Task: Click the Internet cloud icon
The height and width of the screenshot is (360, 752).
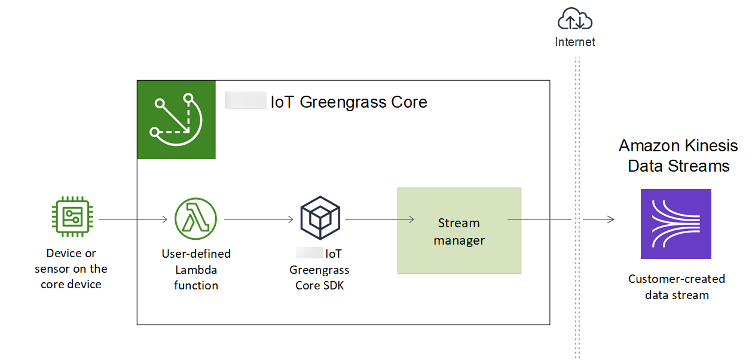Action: (x=574, y=21)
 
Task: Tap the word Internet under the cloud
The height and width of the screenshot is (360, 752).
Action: (x=575, y=42)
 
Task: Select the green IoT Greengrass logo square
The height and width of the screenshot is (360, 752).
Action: (x=176, y=120)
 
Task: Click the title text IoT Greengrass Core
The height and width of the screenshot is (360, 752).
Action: (x=349, y=102)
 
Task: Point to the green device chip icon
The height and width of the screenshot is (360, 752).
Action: (x=71, y=219)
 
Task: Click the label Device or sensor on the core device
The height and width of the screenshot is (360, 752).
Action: (x=71, y=269)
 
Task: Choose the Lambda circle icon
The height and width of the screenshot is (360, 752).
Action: (x=196, y=219)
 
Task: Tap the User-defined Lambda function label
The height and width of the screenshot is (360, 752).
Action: (x=196, y=269)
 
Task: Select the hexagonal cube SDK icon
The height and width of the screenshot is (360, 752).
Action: (x=320, y=219)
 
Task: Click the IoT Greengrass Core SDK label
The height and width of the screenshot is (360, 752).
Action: (x=320, y=269)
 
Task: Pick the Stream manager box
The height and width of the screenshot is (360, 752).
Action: (x=459, y=231)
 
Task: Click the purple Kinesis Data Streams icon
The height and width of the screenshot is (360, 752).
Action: (x=675, y=224)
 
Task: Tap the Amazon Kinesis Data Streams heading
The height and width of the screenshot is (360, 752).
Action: (x=678, y=155)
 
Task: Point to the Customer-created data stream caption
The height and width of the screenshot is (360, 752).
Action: (x=677, y=286)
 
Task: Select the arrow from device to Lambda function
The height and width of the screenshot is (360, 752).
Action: (x=133, y=219)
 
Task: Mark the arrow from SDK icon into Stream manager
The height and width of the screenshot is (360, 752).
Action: (x=379, y=219)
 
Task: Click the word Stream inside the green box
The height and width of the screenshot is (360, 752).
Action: (x=459, y=223)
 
